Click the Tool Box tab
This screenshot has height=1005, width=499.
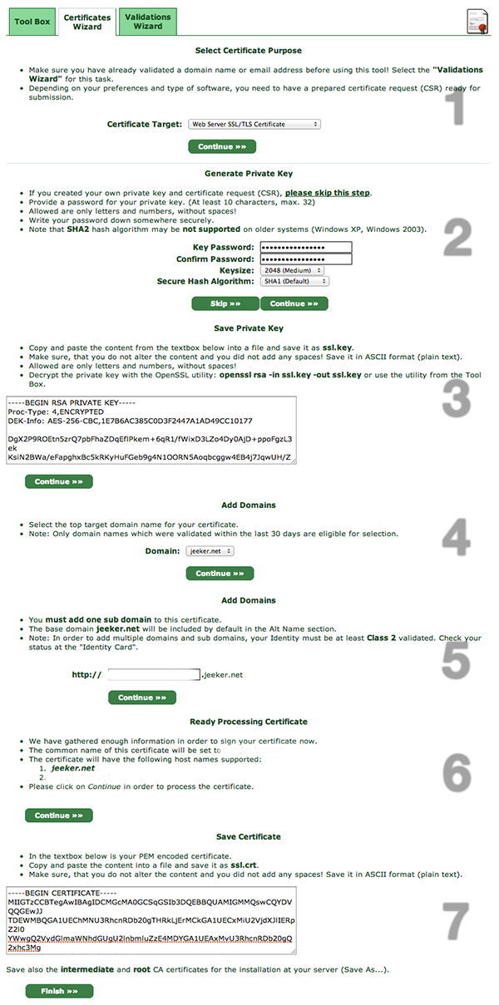tap(32, 22)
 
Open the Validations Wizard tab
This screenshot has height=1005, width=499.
tap(147, 22)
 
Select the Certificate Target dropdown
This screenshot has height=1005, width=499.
tap(254, 124)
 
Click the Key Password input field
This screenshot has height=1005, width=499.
tap(305, 247)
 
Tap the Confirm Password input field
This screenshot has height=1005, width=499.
tap(305, 259)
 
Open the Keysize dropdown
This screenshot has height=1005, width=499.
tap(291, 270)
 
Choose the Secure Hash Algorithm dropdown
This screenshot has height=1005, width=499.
tap(294, 281)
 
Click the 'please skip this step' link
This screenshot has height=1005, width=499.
tap(328, 193)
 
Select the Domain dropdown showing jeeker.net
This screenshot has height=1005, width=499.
tap(210, 550)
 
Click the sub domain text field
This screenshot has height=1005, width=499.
tap(154, 675)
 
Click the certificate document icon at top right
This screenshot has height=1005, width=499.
tap(477, 20)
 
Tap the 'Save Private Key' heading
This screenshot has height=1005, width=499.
tap(249, 328)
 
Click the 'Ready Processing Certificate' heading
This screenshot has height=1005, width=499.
tap(249, 722)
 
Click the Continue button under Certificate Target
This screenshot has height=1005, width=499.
tap(221, 146)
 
